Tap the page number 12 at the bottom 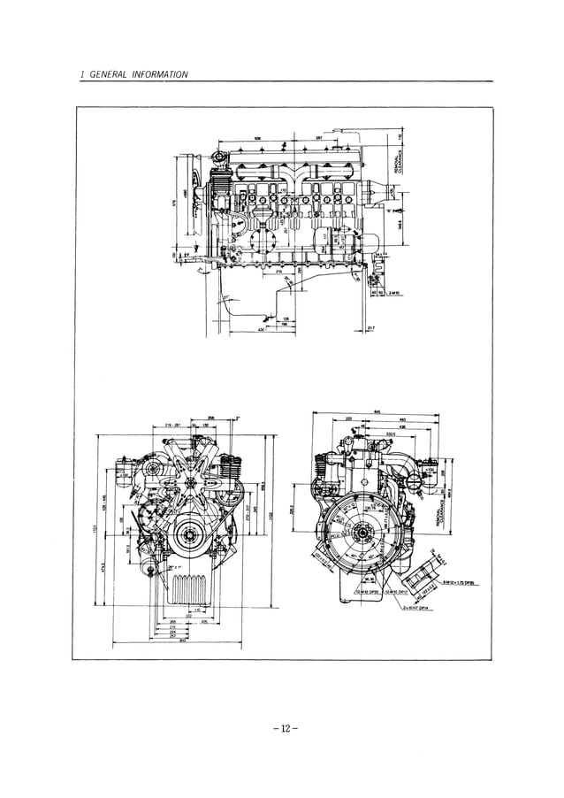coord(282,728)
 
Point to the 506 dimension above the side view coord(257,139)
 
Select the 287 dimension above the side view coord(318,139)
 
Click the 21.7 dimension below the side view coord(370,328)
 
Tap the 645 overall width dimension coord(377,411)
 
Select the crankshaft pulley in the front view coord(187,535)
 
